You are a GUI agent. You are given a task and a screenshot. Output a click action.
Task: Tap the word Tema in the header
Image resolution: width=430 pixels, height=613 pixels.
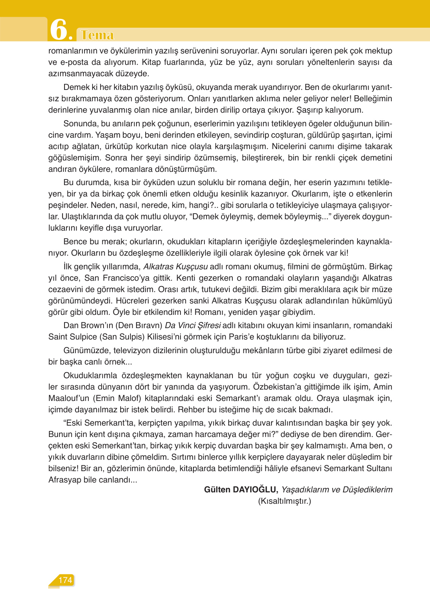97,35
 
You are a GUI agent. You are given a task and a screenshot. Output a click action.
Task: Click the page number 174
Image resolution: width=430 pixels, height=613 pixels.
65,580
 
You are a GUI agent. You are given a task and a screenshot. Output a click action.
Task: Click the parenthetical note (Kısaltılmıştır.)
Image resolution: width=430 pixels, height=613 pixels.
284,501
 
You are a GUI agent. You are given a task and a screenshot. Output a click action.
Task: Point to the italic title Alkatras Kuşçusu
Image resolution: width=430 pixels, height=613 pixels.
175,267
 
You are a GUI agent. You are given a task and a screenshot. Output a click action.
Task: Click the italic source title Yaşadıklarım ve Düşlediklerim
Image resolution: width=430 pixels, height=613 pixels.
337,490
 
